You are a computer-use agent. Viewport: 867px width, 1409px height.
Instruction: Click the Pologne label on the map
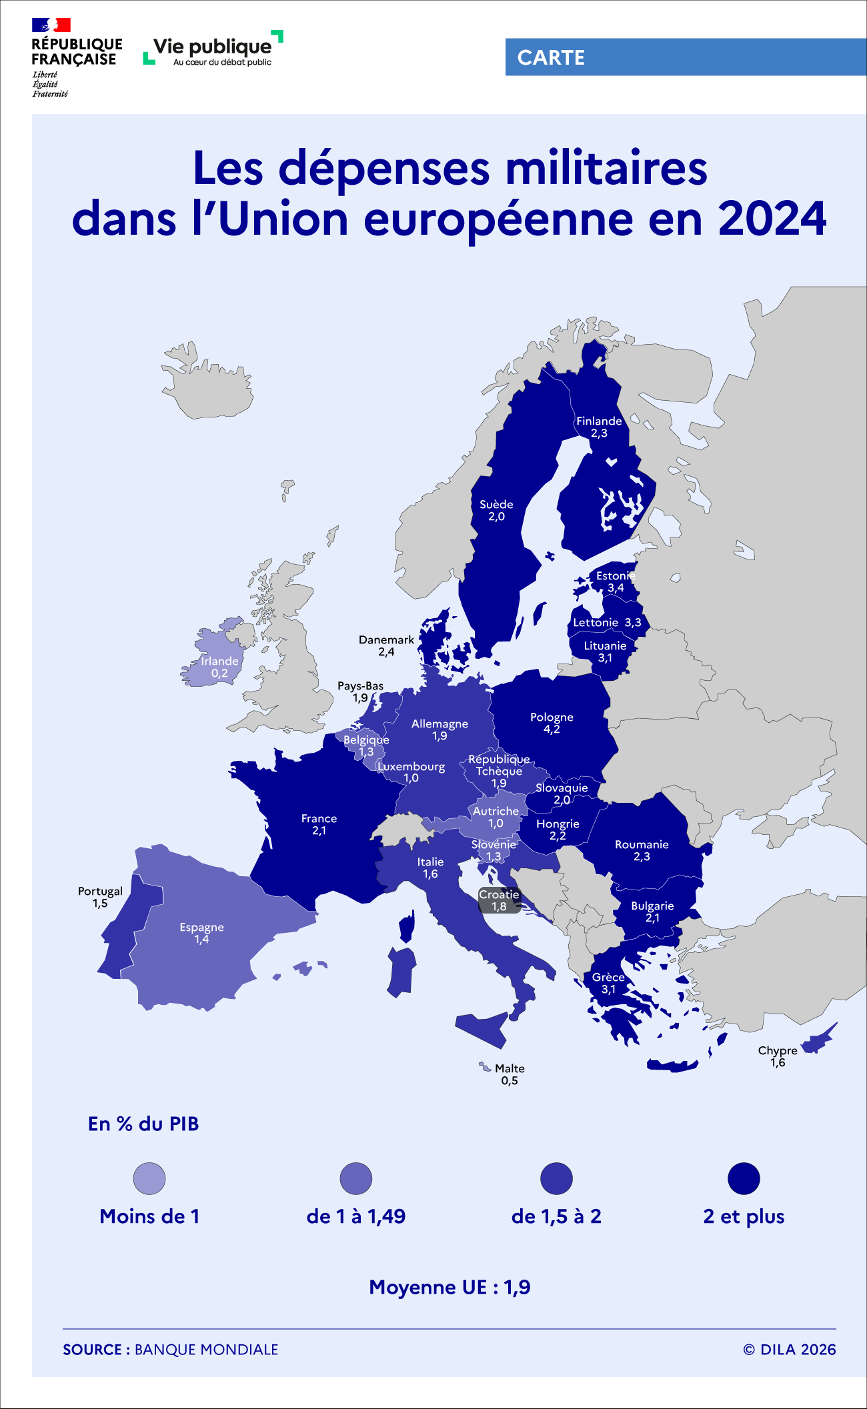(x=552, y=718)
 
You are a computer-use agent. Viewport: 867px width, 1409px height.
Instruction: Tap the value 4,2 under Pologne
(x=552, y=730)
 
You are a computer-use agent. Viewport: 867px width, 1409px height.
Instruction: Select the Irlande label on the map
(x=219, y=661)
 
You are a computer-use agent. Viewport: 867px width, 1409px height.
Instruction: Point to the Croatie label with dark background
(x=499, y=895)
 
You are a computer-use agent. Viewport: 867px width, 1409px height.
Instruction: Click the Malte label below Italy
(x=510, y=1068)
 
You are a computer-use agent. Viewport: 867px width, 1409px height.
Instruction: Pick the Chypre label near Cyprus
(x=778, y=1051)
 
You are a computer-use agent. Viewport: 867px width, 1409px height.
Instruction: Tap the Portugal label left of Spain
(x=100, y=892)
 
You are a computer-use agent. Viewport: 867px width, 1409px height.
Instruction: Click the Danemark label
(x=386, y=640)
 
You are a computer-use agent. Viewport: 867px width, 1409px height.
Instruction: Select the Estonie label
(x=615, y=575)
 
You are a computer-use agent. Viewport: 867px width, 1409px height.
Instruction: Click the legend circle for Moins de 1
(x=149, y=1178)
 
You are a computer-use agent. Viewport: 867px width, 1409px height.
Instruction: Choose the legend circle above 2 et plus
(x=744, y=1178)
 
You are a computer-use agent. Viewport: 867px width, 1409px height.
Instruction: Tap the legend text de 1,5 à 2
(x=556, y=1216)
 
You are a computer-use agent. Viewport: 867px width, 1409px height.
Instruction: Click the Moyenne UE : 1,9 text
(x=450, y=1287)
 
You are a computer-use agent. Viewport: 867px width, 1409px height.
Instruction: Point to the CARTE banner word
(x=551, y=57)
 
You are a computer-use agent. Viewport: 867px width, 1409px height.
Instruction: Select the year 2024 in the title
(x=772, y=219)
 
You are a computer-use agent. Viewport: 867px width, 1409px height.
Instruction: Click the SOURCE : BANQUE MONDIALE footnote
(x=170, y=1350)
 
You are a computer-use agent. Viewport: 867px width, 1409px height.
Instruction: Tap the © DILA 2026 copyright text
(x=789, y=1350)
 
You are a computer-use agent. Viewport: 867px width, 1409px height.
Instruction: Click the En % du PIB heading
(x=143, y=1124)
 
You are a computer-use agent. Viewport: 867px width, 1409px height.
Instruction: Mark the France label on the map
(x=319, y=819)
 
